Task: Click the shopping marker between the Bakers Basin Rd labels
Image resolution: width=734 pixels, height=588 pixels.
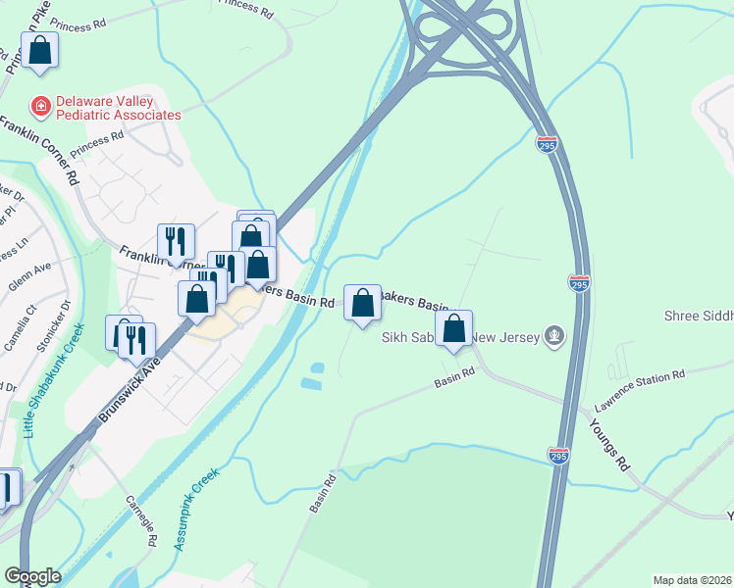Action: click(x=362, y=302)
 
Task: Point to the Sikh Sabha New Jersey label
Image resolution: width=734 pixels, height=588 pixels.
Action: click(x=460, y=338)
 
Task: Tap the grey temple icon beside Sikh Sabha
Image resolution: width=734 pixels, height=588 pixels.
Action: click(x=554, y=337)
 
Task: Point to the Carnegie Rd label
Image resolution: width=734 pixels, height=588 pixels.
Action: click(x=141, y=520)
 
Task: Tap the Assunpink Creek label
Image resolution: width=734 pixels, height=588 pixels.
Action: click(x=196, y=508)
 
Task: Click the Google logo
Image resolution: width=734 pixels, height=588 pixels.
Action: click(x=32, y=575)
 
